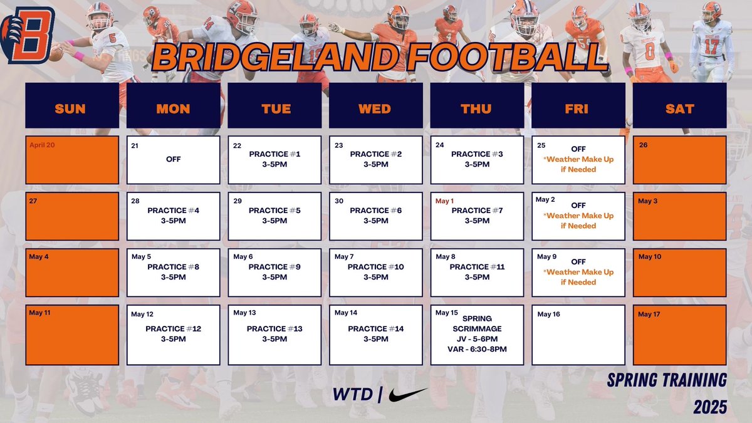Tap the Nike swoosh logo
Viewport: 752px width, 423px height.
pyautogui.click(x=408, y=395)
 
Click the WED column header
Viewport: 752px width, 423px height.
pyautogui.click(x=375, y=108)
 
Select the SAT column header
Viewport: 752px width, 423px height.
pyautogui.click(x=679, y=108)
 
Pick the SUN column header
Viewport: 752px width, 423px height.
pyautogui.click(x=71, y=108)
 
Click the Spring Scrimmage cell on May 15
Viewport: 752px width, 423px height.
pyautogui.click(x=477, y=335)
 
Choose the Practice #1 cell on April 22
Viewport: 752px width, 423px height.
pyautogui.click(x=274, y=160)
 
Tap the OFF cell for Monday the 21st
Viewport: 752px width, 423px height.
pyautogui.click(x=174, y=160)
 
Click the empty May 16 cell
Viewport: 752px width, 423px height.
pyautogui.click(x=578, y=335)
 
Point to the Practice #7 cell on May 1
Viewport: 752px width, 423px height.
pyautogui.click(x=477, y=216)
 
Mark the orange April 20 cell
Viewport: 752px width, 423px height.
pyautogui.click(x=71, y=160)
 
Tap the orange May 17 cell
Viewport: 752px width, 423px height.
pyautogui.click(x=679, y=335)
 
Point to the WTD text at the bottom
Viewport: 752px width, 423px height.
pyautogui.click(x=353, y=395)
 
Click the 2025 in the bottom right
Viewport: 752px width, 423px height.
pyautogui.click(x=710, y=407)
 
